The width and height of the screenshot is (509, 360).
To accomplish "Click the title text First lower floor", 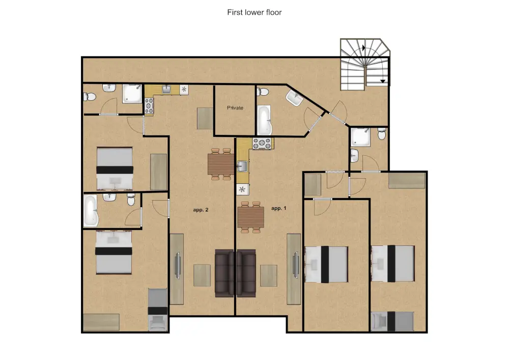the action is pyautogui.click(x=254, y=12).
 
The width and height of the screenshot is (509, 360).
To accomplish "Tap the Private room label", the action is pyautogui.click(x=235, y=108).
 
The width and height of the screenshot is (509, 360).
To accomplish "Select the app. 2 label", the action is pyautogui.click(x=201, y=210).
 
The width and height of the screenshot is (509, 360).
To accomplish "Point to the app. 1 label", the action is pyautogui.click(x=279, y=208).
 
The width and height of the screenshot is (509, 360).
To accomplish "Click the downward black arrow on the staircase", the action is pyautogui.click(x=383, y=81).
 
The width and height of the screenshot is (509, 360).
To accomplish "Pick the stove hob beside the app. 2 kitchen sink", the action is pyautogui.click(x=149, y=105).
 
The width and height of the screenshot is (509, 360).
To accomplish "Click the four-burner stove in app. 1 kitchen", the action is pyautogui.click(x=262, y=144).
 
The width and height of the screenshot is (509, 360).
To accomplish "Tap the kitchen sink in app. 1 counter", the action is pyautogui.click(x=242, y=167).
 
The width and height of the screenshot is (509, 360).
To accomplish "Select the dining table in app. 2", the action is pyautogui.click(x=221, y=164).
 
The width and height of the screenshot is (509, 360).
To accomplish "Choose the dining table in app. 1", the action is pyautogui.click(x=250, y=217).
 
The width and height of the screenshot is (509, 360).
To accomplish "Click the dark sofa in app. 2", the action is pyautogui.click(x=224, y=273).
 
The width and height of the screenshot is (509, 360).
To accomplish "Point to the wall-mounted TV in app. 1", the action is pyautogui.click(x=296, y=265).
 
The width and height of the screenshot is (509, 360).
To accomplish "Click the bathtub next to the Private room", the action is pyautogui.click(x=264, y=120).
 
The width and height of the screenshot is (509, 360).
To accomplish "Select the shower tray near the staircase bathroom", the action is pyautogui.click(x=360, y=136).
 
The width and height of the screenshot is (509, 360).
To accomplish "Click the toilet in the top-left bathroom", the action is pyautogui.click(x=90, y=97).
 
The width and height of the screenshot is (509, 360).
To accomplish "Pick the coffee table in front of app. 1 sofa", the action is pyautogui.click(x=268, y=275).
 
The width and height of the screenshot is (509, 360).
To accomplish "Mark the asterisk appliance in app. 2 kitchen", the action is pyautogui.click(x=184, y=89).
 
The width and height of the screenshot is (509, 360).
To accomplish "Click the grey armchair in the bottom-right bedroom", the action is pyautogui.click(x=379, y=321).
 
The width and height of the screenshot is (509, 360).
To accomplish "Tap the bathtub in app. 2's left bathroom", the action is pyautogui.click(x=91, y=210).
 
